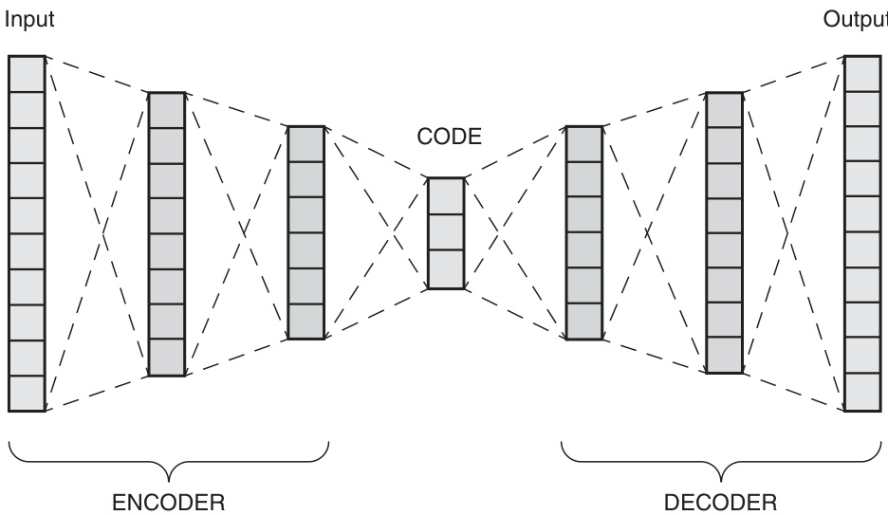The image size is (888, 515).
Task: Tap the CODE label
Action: coord(450,138)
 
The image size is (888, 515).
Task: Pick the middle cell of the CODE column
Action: coord(446,232)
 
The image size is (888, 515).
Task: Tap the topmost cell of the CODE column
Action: coord(446,196)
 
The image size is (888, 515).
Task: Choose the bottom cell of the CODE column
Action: coord(446,268)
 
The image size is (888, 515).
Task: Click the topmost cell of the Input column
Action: coord(28,73)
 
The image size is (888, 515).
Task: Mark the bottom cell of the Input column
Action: coord(28,394)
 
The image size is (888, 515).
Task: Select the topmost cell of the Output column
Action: coord(862,73)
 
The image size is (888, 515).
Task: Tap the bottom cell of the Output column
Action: coord(862,394)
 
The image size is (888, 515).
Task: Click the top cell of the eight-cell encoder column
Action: coord(167,109)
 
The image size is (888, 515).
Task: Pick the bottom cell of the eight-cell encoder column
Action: coord(167,358)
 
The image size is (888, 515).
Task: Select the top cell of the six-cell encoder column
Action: coord(306,143)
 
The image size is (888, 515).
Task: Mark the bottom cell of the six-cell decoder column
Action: coord(583,322)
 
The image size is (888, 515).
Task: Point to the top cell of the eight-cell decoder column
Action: coord(724,109)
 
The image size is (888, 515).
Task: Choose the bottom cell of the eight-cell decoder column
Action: coord(724,355)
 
